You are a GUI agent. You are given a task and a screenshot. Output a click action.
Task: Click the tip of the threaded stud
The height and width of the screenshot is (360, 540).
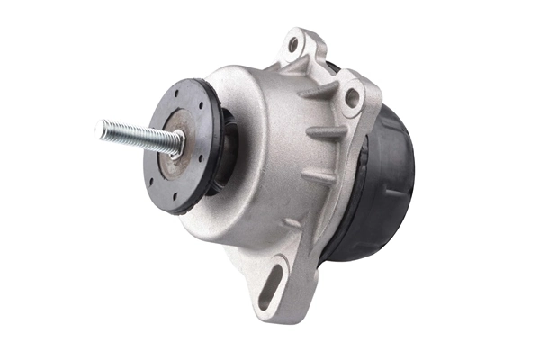coord(100,130)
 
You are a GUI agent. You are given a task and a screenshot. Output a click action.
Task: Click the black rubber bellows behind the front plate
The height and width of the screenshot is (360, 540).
coord(225,148)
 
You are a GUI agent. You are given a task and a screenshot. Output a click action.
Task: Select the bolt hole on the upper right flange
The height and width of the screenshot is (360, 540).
coord(352,97)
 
